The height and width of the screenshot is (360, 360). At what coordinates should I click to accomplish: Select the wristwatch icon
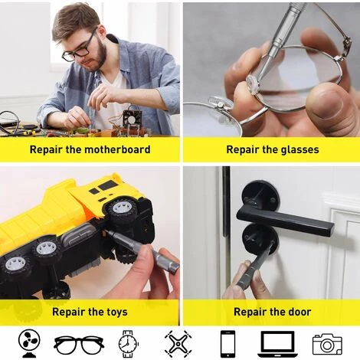coord(127,343)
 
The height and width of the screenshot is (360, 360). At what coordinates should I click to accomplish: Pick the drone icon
coord(177,343)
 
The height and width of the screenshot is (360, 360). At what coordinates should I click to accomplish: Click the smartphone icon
coord(227,343)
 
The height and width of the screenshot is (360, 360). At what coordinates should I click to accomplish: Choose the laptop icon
coord(277,343)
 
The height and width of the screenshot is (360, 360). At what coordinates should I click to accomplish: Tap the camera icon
coord(328,343)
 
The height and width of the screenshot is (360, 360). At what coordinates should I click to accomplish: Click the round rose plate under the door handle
coord(258,238)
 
